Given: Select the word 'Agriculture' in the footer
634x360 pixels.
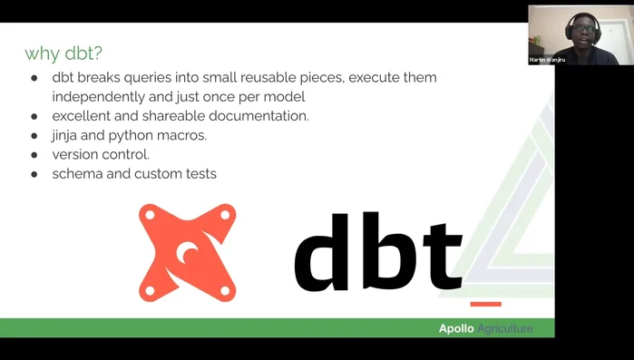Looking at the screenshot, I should coord(505,328).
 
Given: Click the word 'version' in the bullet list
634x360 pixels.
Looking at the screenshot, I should coord(76,154).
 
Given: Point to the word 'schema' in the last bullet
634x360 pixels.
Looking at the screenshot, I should coord(77,174).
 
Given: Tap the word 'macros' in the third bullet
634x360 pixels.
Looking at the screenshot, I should coord(183,135).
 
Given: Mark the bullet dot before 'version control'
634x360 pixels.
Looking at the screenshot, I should coord(34,155).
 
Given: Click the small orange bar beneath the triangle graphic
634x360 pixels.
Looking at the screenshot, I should coord(486,303).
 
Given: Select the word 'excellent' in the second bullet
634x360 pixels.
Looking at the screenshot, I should coord(83,116).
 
